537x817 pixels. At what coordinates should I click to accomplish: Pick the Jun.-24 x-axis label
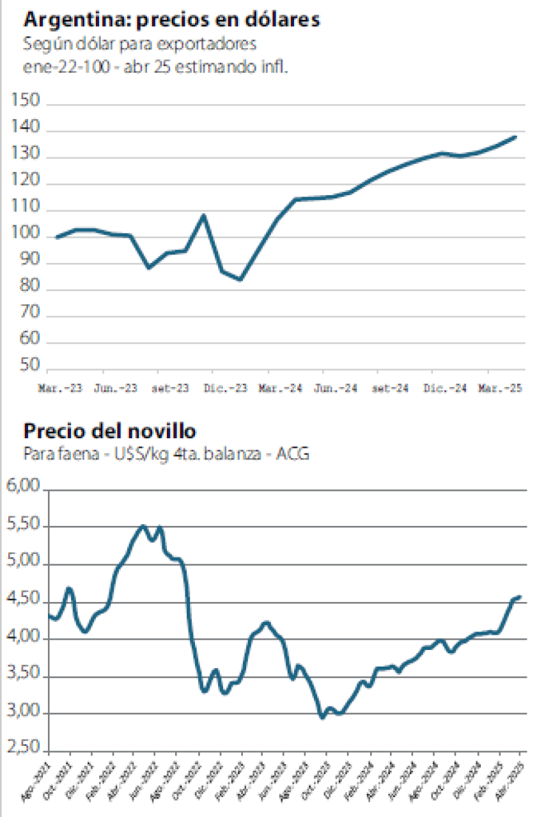pos(332,388)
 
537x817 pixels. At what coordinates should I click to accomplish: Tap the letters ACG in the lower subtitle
pos(297,454)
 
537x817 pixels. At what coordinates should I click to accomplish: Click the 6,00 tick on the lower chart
pos(24,488)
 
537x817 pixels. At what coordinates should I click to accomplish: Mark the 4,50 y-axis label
pos(24,601)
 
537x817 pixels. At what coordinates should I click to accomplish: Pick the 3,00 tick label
pos(24,713)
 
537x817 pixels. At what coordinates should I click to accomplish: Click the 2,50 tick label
pos(24,751)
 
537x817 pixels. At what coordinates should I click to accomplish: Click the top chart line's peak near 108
pos(203,216)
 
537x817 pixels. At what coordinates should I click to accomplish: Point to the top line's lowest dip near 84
pos(240,280)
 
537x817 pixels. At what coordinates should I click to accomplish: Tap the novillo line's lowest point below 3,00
pos(322,717)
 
